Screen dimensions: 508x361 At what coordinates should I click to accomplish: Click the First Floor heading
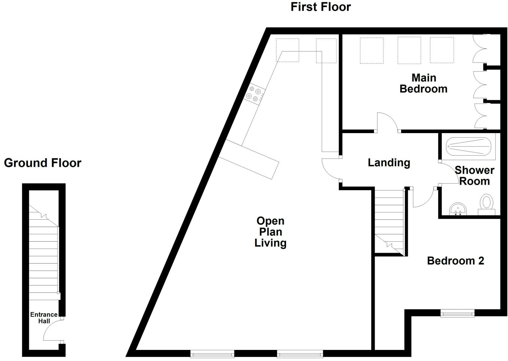[x=321, y=7]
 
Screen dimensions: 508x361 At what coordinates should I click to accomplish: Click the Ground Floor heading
[x=43, y=163]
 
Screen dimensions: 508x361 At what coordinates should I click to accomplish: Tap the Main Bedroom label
[x=424, y=83]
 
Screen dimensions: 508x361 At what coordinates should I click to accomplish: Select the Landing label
[x=389, y=163]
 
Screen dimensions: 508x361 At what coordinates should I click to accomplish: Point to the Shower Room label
[x=474, y=176]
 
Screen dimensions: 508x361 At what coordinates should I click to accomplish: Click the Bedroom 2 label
[x=455, y=261]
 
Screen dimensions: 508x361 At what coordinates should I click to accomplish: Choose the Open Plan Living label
[x=270, y=232]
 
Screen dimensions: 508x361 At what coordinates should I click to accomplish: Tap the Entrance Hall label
[x=44, y=318]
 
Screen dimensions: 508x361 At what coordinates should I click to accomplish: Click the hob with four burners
[x=254, y=94]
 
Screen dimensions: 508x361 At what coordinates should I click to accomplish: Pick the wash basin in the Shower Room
[x=458, y=209]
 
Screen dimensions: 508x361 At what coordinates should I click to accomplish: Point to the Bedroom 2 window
[x=457, y=313]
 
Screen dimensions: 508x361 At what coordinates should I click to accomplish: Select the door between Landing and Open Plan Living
[x=331, y=169]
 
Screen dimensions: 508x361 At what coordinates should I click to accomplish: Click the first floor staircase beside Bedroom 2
[x=389, y=221]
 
